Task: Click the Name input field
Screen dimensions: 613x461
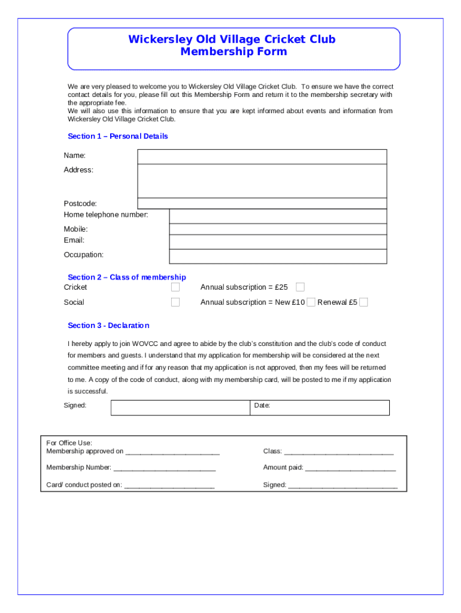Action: click(x=262, y=156)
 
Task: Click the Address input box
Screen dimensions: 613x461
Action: click(x=262, y=180)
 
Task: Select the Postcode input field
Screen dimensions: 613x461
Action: click(x=262, y=204)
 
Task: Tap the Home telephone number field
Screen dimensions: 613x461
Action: click(x=278, y=216)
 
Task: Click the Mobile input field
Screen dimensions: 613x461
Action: click(x=278, y=229)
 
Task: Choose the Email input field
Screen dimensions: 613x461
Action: click(x=278, y=241)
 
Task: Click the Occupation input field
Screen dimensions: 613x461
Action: click(x=278, y=256)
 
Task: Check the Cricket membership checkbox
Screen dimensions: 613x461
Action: click(x=175, y=287)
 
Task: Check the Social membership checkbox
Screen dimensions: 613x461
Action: click(x=175, y=302)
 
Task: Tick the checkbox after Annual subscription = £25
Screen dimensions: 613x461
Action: click(x=301, y=287)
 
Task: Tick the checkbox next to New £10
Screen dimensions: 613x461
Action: click(x=311, y=302)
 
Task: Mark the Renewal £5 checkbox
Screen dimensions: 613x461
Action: click(x=363, y=302)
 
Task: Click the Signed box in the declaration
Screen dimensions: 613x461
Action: click(x=180, y=408)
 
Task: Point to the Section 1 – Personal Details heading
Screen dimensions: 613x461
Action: click(x=118, y=136)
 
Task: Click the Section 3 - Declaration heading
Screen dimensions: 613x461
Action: click(x=108, y=326)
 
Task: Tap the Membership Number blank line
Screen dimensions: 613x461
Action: click(x=164, y=468)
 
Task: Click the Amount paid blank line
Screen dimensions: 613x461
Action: click(x=350, y=468)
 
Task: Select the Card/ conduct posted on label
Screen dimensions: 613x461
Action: click(x=84, y=485)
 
